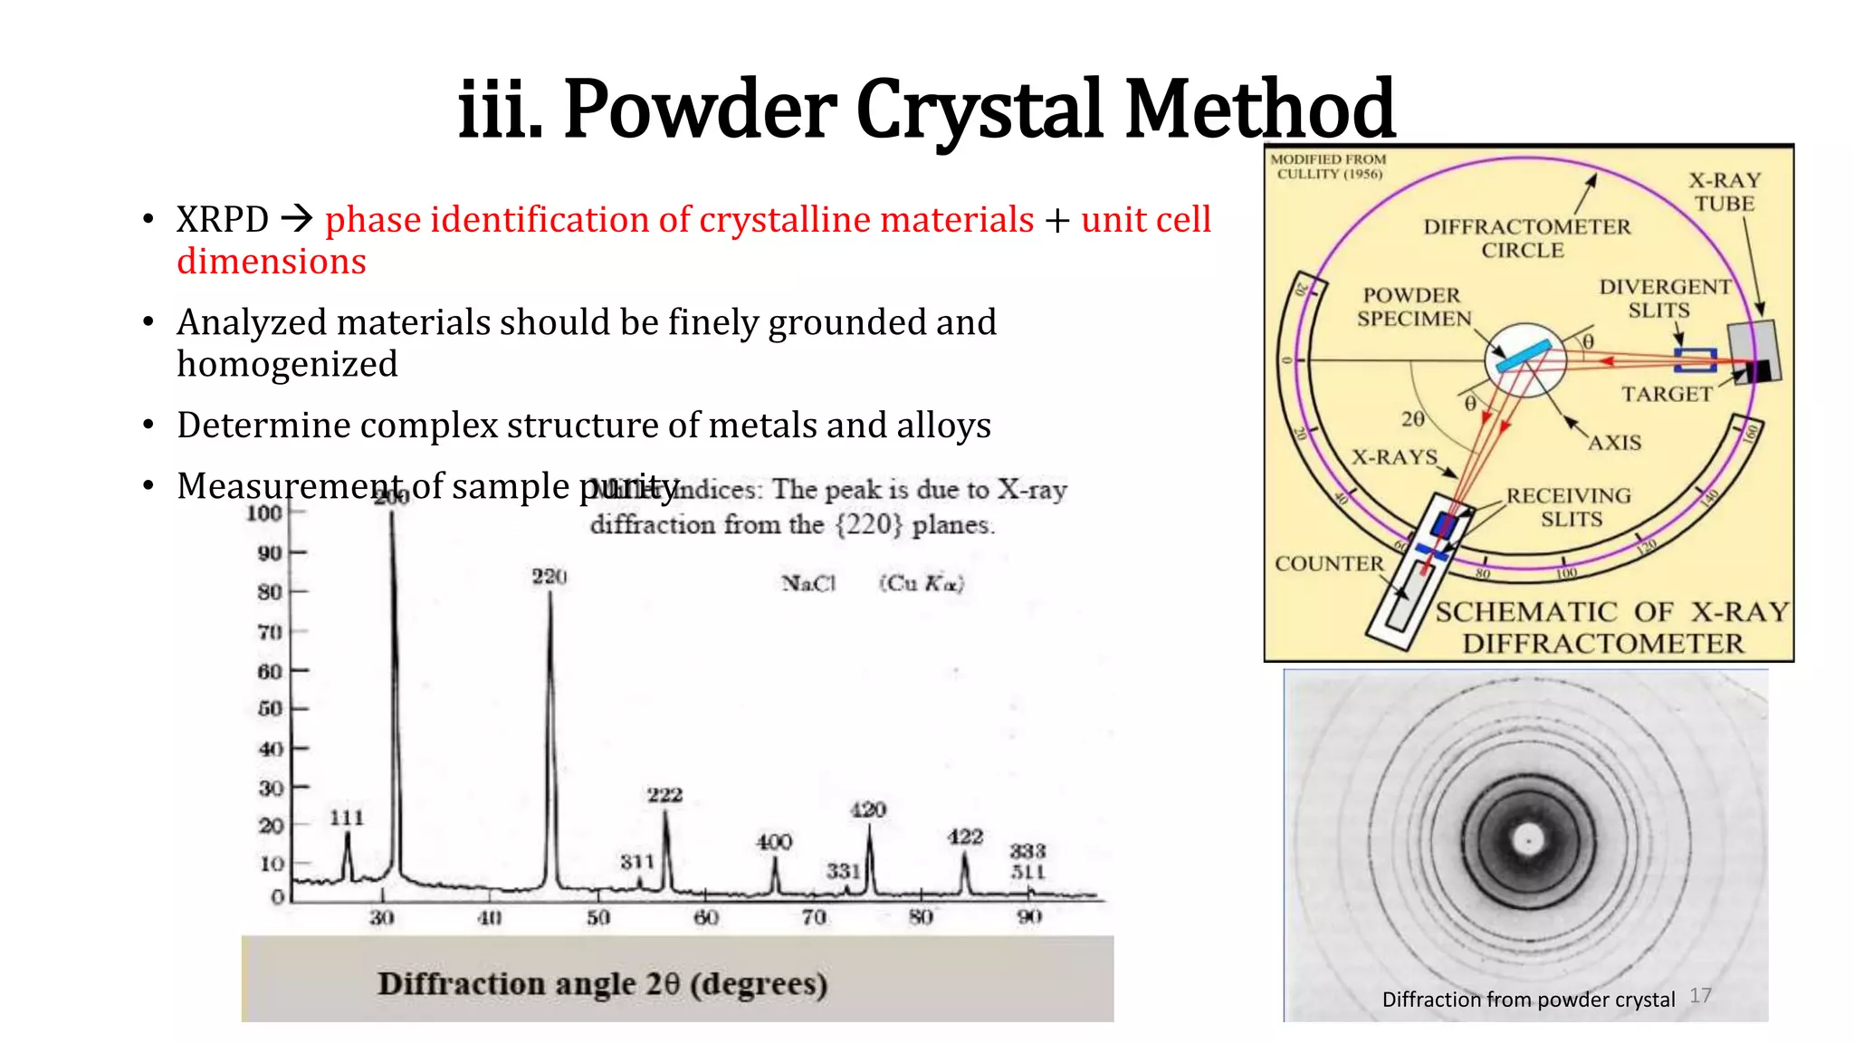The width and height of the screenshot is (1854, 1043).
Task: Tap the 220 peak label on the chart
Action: point(549,577)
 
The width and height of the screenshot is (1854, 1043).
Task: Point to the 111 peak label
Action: point(347,818)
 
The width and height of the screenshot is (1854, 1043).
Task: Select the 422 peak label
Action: point(965,837)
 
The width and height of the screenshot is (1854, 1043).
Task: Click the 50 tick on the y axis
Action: point(270,708)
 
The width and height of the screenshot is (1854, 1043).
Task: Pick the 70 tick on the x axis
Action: point(814,917)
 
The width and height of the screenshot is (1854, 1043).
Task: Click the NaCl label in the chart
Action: point(808,584)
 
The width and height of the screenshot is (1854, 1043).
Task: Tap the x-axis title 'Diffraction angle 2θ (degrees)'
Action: point(603,983)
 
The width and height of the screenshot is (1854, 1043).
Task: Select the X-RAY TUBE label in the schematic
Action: point(1725,192)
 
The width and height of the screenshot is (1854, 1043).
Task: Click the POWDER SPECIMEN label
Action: point(1413,307)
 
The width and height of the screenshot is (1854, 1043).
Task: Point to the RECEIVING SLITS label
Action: point(1569,507)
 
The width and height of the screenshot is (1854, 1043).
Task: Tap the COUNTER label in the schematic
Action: point(1329,563)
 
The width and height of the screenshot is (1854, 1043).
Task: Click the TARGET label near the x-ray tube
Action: point(1667,394)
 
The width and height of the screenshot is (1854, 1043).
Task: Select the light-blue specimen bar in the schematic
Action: point(1524,355)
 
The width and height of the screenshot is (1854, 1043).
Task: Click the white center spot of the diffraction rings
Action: point(1529,840)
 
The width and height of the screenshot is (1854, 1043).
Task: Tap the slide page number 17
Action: point(1700,995)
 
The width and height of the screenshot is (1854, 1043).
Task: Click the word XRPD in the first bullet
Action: point(223,220)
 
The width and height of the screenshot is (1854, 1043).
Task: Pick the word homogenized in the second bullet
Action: point(287,364)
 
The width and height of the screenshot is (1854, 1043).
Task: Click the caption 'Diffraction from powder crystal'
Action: point(1528,1000)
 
